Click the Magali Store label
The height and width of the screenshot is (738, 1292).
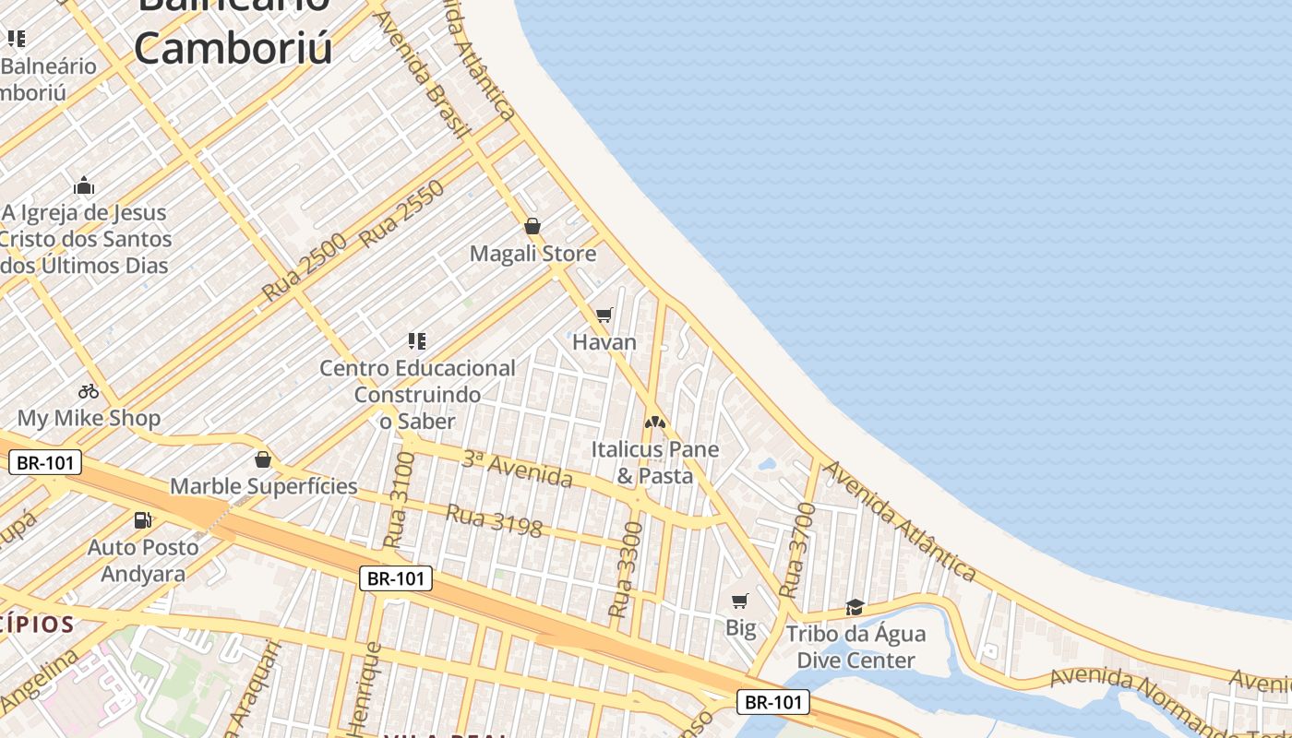pyautogui.click(x=532, y=254)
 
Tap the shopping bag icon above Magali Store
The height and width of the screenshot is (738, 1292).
pyautogui.click(x=532, y=226)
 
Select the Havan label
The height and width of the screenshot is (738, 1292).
pyautogui.click(x=604, y=342)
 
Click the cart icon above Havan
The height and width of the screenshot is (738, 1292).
pyautogui.click(x=604, y=315)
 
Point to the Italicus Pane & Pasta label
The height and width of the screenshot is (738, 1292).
pyautogui.click(x=655, y=463)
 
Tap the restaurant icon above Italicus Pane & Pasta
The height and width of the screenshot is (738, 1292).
pyautogui.click(x=655, y=423)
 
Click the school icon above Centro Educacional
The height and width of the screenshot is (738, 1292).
pyautogui.click(x=417, y=341)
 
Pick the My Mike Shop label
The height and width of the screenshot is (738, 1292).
pyautogui.click(x=89, y=418)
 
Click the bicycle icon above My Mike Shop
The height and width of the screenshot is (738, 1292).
pyautogui.click(x=89, y=391)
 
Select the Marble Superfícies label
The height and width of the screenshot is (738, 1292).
pyautogui.click(x=263, y=486)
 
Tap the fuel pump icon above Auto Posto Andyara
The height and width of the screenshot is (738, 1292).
pyautogui.click(x=142, y=520)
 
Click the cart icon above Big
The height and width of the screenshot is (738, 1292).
pyautogui.click(x=739, y=601)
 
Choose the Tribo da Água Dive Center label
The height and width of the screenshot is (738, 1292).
pyautogui.click(x=855, y=647)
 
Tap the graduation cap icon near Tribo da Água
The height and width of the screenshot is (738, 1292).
pyautogui.click(x=855, y=607)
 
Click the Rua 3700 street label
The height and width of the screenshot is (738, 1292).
pyautogui.click(x=797, y=550)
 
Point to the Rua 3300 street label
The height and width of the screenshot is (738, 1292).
pyautogui.click(x=626, y=569)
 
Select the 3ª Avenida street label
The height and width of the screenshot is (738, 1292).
pyautogui.click(x=518, y=470)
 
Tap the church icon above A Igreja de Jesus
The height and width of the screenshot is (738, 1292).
pyautogui.click(x=84, y=186)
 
